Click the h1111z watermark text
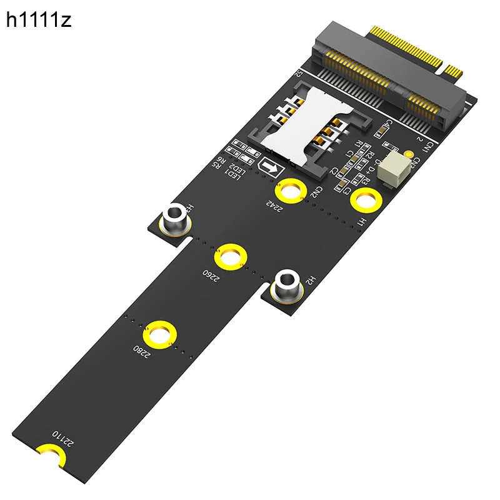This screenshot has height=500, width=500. (x=39, y=21)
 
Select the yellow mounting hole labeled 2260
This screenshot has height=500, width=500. (x=230, y=257)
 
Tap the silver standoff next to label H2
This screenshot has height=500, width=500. (x=287, y=284)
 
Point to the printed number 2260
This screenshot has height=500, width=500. (x=210, y=276)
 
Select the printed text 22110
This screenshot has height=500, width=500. (x=63, y=438)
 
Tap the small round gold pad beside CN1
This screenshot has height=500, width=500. (x=409, y=153)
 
